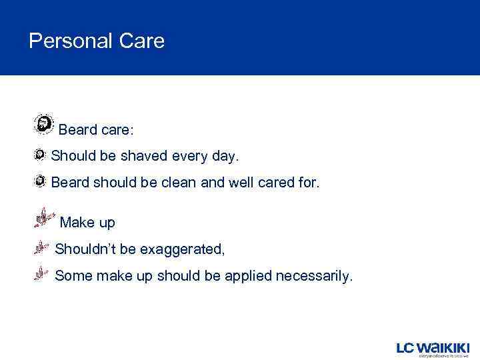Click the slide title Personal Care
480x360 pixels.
[97, 41]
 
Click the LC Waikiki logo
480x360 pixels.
[433, 348]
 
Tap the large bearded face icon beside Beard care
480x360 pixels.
[44, 124]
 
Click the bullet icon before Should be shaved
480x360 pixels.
[40, 155]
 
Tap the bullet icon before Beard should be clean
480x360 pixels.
[40, 181]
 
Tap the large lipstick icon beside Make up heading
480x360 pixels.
[44, 217]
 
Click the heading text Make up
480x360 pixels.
[87, 223]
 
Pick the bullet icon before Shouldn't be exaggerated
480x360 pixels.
[41, 248]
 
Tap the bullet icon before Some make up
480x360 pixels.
[41, 274]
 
